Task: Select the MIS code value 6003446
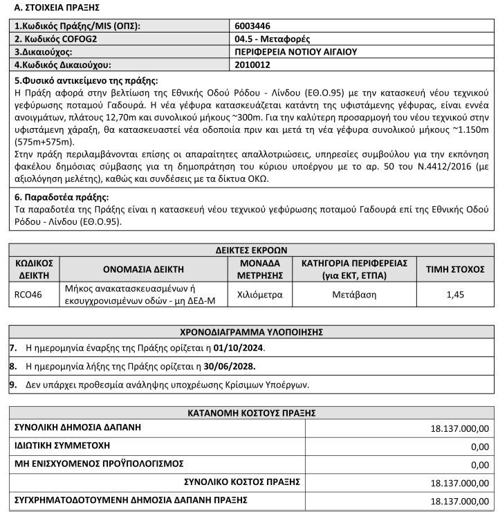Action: [252, 26]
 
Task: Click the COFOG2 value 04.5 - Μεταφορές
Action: [273, 39]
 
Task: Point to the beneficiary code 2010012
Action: [252, 65]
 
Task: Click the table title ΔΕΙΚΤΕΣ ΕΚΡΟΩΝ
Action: [249, 250]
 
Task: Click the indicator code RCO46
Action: [28, 294]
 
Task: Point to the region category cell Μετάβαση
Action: [353, 294]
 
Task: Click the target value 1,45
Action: [454, 294]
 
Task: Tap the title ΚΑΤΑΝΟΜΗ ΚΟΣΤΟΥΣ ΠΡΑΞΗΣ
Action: [249, 413]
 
